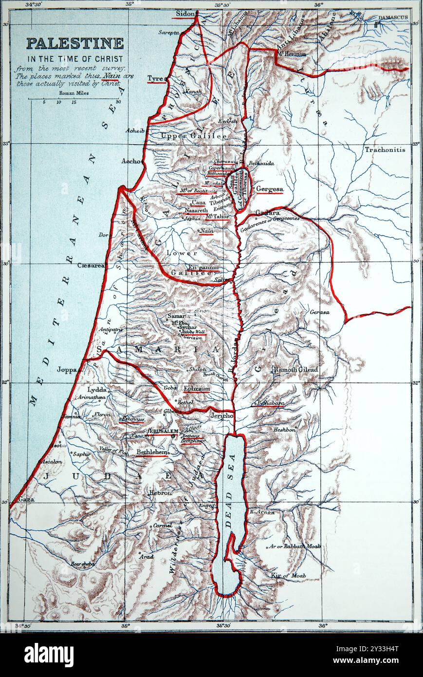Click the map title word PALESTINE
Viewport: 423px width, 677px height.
[74, 43]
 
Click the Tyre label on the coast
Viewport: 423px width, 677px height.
[155, 78]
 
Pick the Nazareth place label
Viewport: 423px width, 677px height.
[196, 210]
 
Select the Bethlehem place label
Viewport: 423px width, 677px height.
[152, 452]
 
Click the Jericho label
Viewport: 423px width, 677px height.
[221, 416]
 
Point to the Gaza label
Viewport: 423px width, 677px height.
[26, 500]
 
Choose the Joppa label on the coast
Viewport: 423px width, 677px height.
[67, 370]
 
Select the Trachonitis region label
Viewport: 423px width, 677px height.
[385, 150]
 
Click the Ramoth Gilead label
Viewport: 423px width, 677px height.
[295, 370]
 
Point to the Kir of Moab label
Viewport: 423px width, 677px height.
[288, 576]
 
